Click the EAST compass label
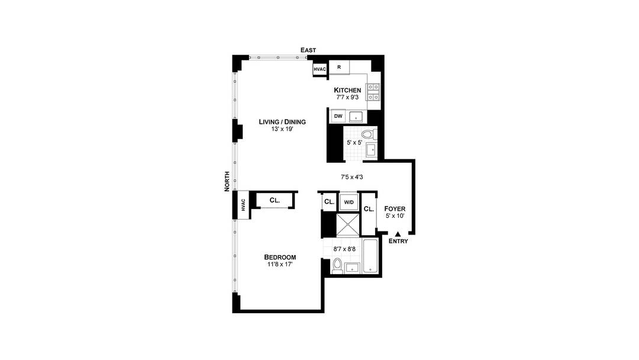point(308,50)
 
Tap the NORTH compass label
point(227,181)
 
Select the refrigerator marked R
point(339,67)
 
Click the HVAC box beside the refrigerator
point(320,69)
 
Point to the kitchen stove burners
point(374,92)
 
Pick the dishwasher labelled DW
point(338,116)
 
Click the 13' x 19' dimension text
point(277,130)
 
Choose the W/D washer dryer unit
point(348,202)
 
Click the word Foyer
point(394,209)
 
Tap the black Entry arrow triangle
point(398,234)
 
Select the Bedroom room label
point(280,257)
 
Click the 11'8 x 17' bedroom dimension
point(280,265)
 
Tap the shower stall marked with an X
point(347,223)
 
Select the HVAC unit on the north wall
point(243,204)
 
